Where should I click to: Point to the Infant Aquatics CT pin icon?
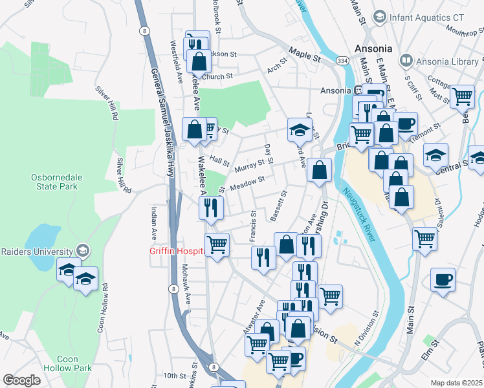[x=380, y=16]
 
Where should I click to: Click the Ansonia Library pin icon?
[x=407, y=61]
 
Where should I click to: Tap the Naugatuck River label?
[x=360, y=216]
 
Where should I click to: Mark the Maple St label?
[x=305, y=54]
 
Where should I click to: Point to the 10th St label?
[x=175, y=376]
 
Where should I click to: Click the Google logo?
[x=21, y=380]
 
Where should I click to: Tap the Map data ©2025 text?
[x=456, y=383]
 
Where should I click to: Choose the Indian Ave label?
[x=154, y=221]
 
